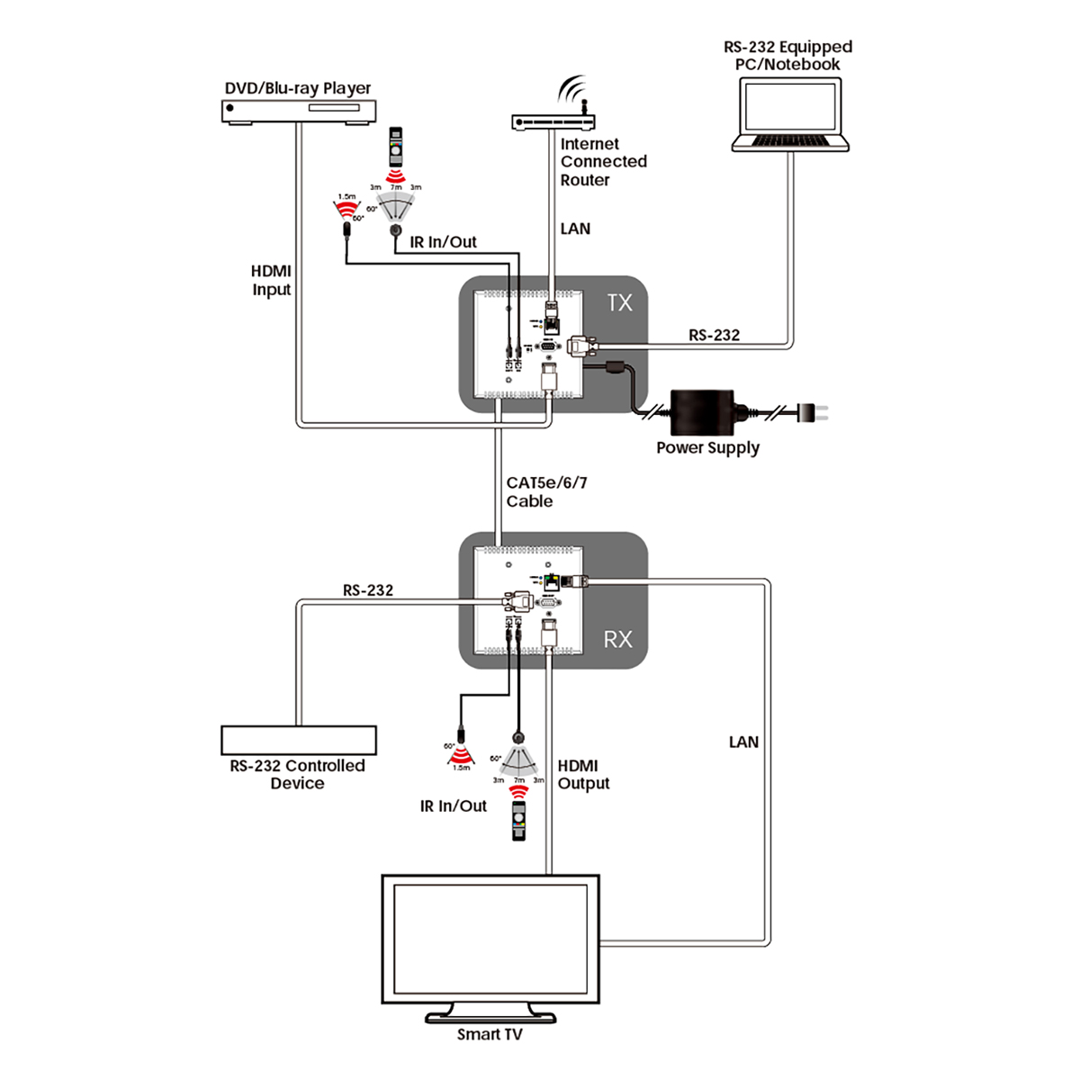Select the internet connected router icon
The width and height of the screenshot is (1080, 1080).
(x=553, y=121)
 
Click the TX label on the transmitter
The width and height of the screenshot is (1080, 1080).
(x=619, y=303)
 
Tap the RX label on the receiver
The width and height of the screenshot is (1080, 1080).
(x=617, y=640)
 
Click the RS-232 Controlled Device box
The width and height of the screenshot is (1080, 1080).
(x=298, y=740)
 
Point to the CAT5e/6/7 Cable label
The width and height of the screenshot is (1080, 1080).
(x=546, y=492)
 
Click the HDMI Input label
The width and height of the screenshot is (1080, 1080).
(x=271, y=280)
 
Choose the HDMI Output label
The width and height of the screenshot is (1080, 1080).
(x=583, y=775)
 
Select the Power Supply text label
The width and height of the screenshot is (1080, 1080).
(x=707, y=448)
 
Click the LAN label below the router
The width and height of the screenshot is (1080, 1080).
(x=575, y=229)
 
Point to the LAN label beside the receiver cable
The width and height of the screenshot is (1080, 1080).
(x=743, y=742)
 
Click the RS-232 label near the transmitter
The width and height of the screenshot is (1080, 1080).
(x=714, y=335)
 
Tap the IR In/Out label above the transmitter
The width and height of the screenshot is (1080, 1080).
(x=443, y=242)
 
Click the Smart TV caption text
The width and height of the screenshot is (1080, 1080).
(x=490, y=1035)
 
